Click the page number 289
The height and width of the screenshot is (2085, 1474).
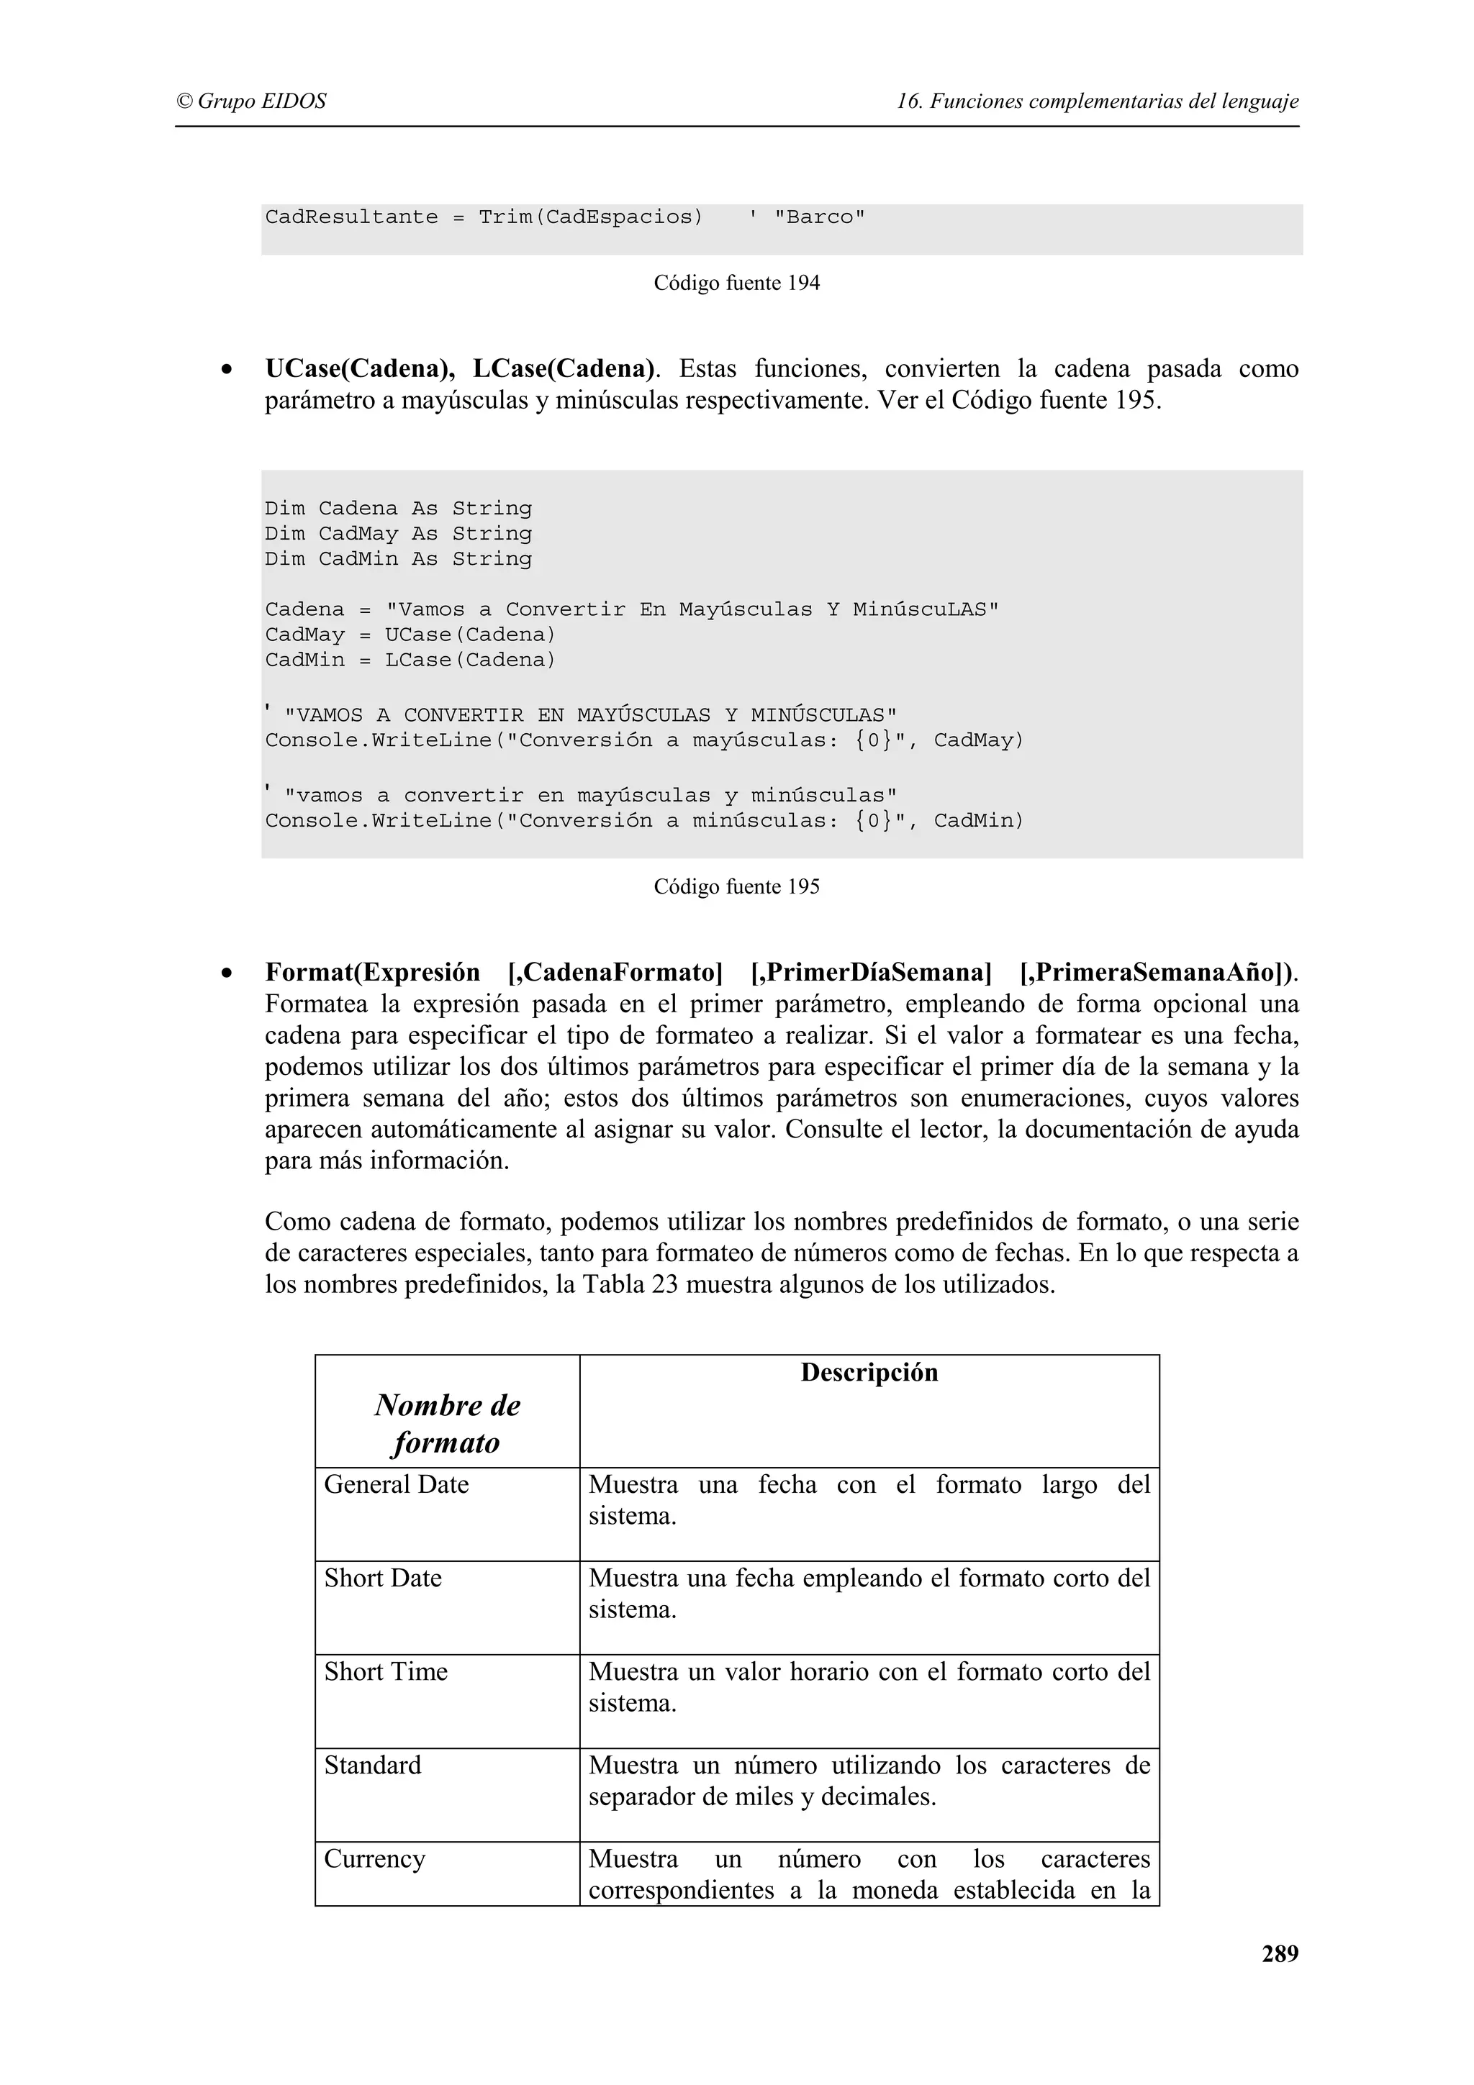[1279, 1953]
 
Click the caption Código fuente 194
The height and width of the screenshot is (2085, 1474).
[736, 283]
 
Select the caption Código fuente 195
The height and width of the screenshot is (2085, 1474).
[736, 886]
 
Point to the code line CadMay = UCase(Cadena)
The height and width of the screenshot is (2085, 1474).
[410, 635]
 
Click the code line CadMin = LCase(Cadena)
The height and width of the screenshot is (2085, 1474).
[410, 660]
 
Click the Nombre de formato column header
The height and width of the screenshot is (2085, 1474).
[447, 1424]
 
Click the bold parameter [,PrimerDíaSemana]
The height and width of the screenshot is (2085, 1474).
[870, 973]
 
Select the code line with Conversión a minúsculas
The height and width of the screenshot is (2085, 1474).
[644, 821]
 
